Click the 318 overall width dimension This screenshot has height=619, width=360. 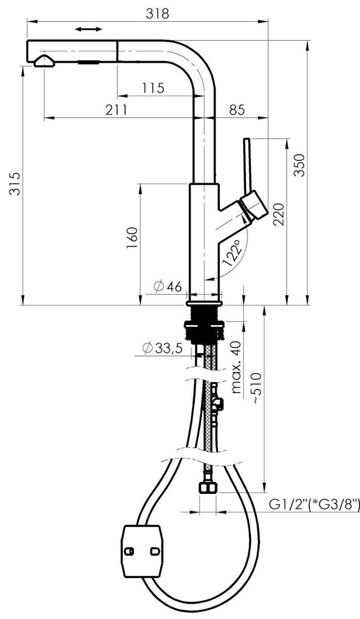157,13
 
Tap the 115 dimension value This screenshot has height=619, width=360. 153,88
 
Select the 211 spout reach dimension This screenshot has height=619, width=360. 116,110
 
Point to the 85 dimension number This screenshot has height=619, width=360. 237,110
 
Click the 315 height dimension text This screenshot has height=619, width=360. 15,183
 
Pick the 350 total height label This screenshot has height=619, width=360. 299,165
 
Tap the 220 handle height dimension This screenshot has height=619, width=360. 278,214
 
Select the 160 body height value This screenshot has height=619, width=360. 132,237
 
